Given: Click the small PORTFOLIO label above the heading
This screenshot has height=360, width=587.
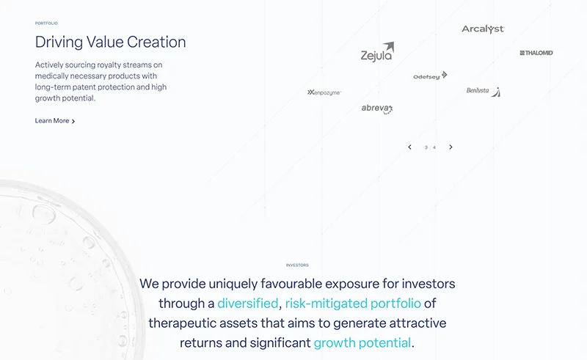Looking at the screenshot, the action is point(46,23).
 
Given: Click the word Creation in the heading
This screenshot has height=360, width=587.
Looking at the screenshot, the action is point(156,42).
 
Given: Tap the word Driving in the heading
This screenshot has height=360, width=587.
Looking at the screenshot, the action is point(59,43).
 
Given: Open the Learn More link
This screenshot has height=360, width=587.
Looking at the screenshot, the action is point(54,121).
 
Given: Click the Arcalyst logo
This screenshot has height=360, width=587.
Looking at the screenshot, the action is point(483,29).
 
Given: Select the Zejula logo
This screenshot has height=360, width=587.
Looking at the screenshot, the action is point(377,52).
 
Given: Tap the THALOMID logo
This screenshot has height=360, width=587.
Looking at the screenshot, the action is point(536,53).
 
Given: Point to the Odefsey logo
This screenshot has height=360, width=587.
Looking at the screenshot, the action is point(430,76).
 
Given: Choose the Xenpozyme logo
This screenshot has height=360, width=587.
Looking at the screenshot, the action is point(324,92).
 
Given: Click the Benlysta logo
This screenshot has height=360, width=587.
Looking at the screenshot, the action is point(483,92).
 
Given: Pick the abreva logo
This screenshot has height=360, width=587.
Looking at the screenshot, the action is point(377,109).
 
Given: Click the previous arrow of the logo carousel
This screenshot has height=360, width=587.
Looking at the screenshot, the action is point(409,147).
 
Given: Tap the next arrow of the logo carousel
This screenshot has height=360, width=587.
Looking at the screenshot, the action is point(451,147).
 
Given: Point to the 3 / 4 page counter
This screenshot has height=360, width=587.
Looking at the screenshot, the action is point(430,147).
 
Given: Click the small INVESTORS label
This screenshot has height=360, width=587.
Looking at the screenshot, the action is point(297,265).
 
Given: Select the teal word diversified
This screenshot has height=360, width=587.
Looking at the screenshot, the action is point(248,304).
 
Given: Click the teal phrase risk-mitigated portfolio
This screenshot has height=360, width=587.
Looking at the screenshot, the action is point(353,304).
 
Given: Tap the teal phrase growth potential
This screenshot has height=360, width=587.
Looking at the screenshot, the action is point(362,343).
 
